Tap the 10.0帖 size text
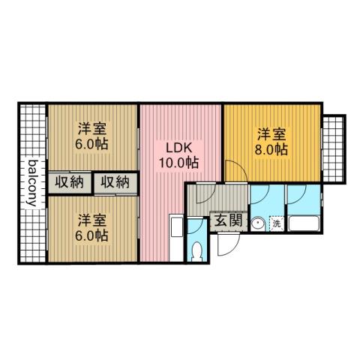[x=178, y=162]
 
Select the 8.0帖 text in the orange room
[x=271, y=149]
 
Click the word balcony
[x=32, y=184]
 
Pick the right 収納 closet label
[x=116, y=181]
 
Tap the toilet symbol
[x=198, y=251]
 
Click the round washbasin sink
[x=258, y=223]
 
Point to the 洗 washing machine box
[x=275, y=223]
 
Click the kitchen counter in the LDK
[x=176, y=236]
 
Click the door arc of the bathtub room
[x=296, y=196]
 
